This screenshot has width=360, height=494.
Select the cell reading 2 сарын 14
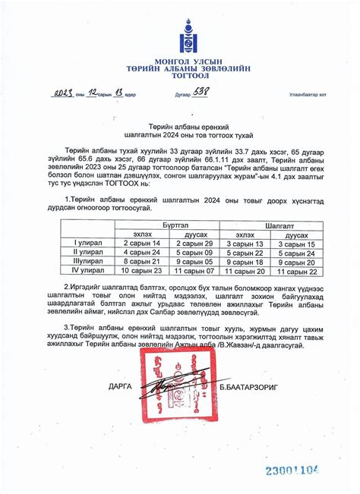(x=141, y=244)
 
